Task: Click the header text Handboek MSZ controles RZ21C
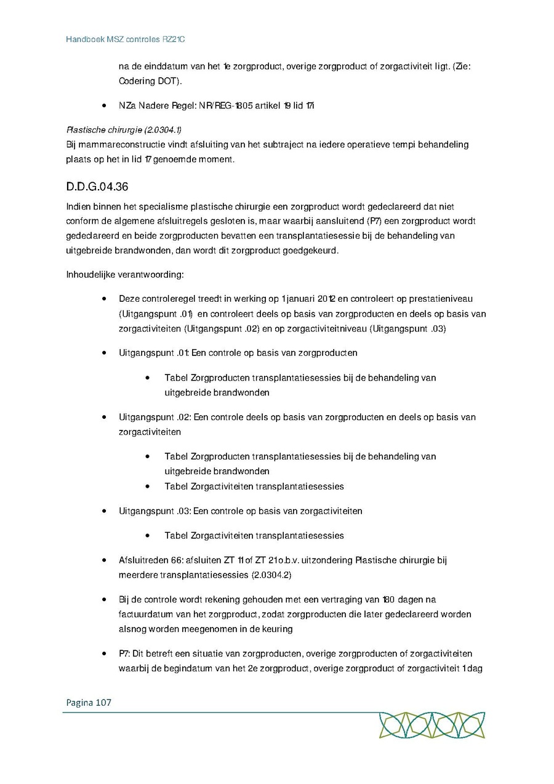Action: tap(126, 39)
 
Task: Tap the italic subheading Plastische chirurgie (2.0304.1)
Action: tap(124, 129)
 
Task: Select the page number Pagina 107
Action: tap(87, 702)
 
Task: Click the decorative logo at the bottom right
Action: tap(432, 725)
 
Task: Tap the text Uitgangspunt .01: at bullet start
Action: tap(154, 353)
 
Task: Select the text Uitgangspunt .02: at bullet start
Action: tap(155, 417)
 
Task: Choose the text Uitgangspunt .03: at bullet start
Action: tap(155, 511)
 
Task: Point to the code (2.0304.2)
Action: tap(271, 575)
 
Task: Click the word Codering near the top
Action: tap(137, 81)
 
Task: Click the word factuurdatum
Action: tap(145, 614)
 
